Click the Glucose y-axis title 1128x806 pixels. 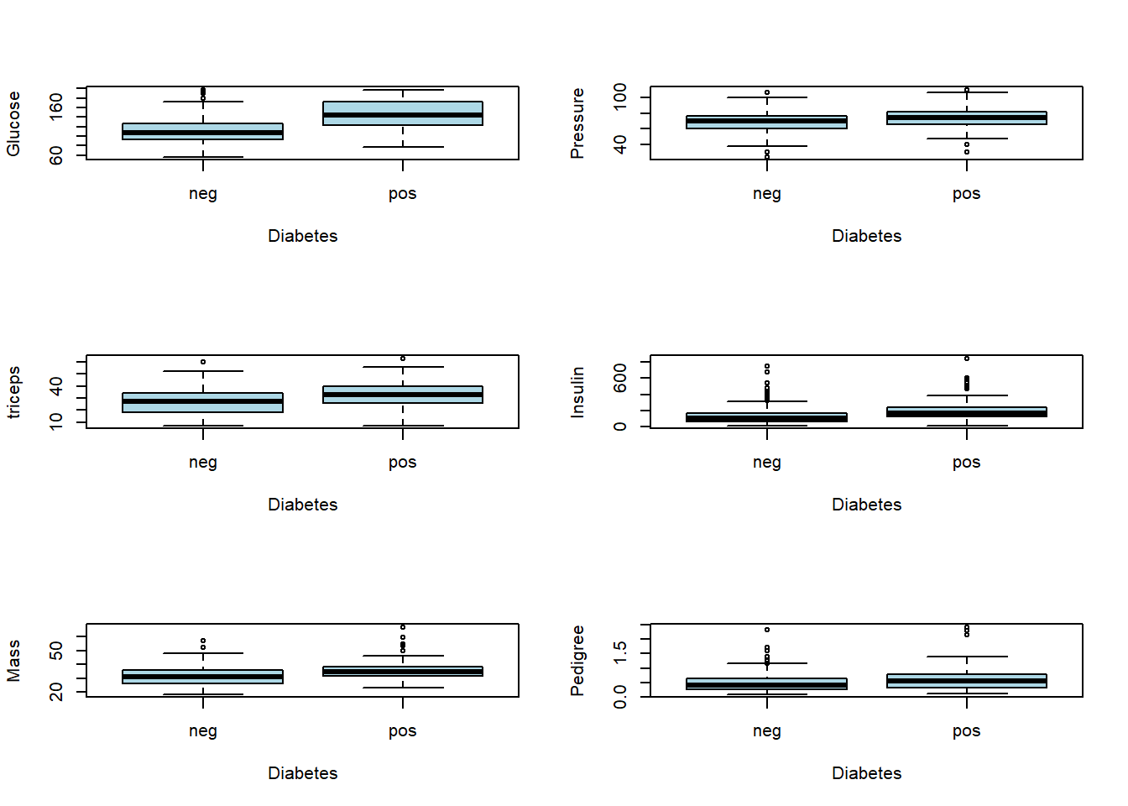click(x=13, y=123)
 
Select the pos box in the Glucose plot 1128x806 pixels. click(x=403, y=113)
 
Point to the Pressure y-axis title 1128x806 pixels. click(x=577, y=123)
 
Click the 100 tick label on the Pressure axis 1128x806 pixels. click(x=620, y=96)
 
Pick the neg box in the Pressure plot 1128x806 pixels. click(x=766, y=123)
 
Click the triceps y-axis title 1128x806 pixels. click(x=13, y=392)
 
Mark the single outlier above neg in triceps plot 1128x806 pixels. click(x=203, y=362)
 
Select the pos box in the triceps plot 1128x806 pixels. click(x=403, y=395)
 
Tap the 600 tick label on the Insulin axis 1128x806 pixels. click(x=620, y=378)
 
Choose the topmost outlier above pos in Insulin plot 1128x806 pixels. click(x=967, y=359)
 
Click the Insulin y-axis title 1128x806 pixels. click(x=577, y=392)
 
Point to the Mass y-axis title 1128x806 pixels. click(x=13, y=661)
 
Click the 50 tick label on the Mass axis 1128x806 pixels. click(x=56, y=651)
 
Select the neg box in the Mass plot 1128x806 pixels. click(x=202, y=677)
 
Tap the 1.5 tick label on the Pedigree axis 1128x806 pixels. click(x=620, y=652)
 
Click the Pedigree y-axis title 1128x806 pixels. click(x=577, y=661)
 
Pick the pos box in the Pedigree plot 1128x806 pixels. click(x=967, y=681)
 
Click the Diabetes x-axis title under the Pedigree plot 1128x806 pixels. click(x=866, y=773)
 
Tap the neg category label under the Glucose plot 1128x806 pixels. click(x=203, y=194)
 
